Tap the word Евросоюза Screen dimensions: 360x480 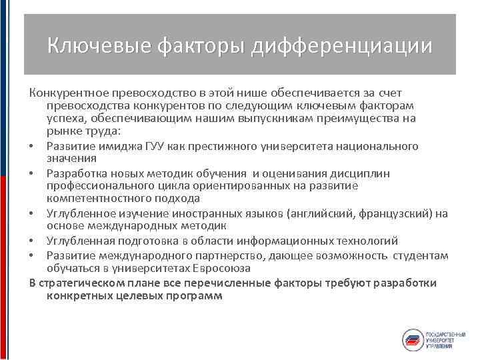(x=221, y=268)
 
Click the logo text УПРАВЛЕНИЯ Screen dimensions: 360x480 (x=440, y=346)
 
